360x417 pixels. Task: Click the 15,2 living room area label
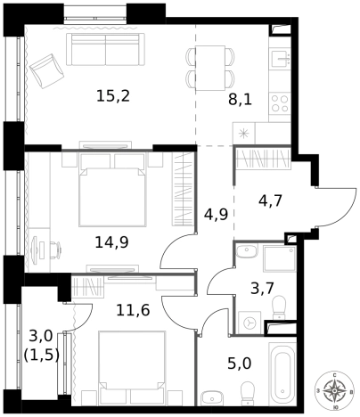click(x=113, y=96)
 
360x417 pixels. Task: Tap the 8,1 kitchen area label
click(x=240, y=100)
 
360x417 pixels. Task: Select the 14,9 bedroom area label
click(x=111, y=242)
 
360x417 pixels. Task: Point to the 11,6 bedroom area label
click(x=133, y=310)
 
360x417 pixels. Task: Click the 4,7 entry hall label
click(x=270, y=200)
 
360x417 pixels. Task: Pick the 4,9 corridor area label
click(x=216, y=214)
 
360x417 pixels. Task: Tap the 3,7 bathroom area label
click(x=262, y=288)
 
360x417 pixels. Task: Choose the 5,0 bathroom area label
click(x=240, y=364)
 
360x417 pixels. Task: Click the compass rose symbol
click(x=335, y=390)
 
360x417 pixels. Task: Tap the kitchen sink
click(x=280, y=59)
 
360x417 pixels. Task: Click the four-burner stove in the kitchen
click(x=280, y=103)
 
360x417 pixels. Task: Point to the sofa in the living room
click(x=105, y=49)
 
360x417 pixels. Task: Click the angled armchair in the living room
click(x=46, y=71)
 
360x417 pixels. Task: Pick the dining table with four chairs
click(x=210, y=68)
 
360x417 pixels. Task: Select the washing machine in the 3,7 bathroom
click(x=250, y=323)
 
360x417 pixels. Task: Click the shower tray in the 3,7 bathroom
click(x=280, y=259)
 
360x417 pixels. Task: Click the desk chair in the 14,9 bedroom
click(x=55, y=248)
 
